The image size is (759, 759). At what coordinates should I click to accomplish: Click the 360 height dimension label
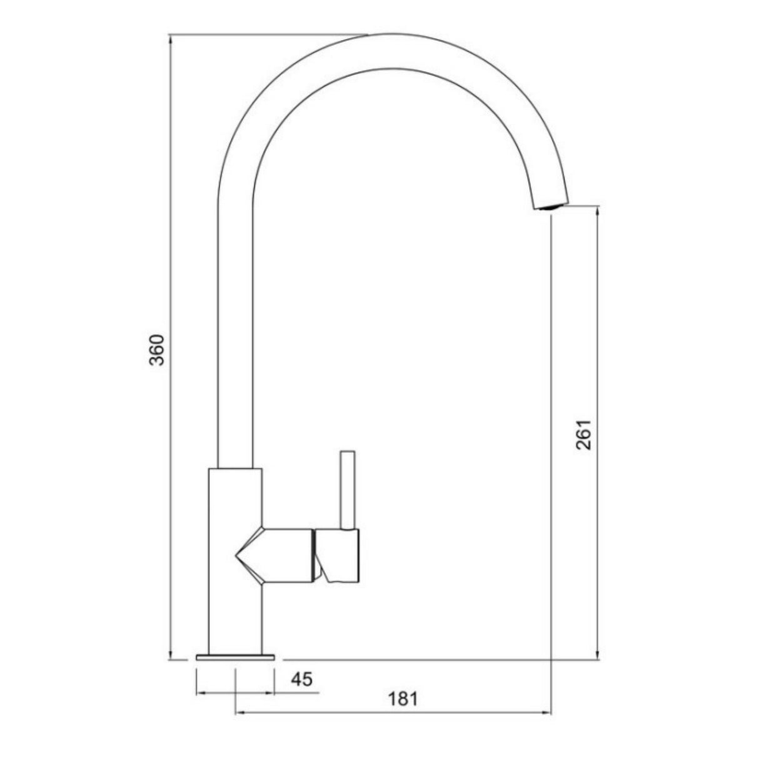point(158,350)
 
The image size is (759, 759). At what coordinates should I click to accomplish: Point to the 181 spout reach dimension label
point(404,698)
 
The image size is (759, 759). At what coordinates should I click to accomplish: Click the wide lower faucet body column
point(234,600)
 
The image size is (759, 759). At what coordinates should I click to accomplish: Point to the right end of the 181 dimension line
point(550,712)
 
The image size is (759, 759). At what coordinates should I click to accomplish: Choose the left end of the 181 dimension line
point(235,712)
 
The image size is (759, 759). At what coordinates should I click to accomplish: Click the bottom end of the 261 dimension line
point(598,659)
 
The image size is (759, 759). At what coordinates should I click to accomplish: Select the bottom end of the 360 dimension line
point(171,659)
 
